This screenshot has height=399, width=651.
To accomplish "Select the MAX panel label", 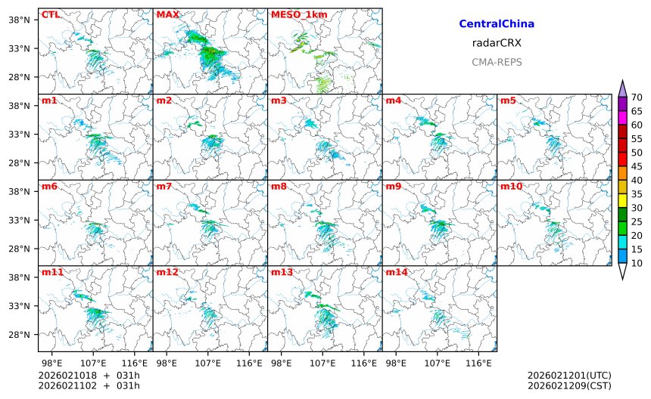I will (x=167, y=14).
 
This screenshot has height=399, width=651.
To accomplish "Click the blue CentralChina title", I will (x=497, y=24).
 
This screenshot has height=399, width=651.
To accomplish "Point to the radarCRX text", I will (x=497, y=43).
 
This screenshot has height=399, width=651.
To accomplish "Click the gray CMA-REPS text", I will (x=497, y=62).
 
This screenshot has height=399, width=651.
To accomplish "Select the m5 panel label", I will (x=508, y=101).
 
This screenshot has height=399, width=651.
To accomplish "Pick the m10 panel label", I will (x=511, y=187).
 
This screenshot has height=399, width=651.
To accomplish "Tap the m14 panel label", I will (x=396, y=272).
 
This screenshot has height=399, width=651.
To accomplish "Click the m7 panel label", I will (x=164, y=187).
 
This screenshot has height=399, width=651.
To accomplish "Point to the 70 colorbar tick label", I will (x=637, y=97).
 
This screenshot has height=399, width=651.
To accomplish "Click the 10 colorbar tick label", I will (x=637, y=263).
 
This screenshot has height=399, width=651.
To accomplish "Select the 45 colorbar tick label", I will (x=637, y=166).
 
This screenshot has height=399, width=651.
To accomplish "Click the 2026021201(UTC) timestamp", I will (x=568, y=376).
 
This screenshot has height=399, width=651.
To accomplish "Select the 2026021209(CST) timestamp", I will (x=568, y=386).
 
